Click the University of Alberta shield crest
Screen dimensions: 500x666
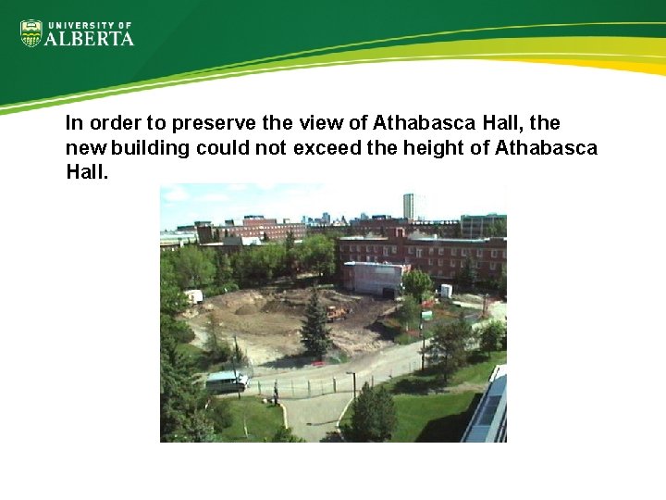pyautogui.click(x=31, y=33)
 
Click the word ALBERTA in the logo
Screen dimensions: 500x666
pyautogui.click(x=91, y=38)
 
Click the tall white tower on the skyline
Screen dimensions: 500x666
pyautogui.click(x=408, y=206)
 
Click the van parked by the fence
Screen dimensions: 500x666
pyautogui.click(x=226, y=381)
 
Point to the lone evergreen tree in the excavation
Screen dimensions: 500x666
pyautogui.click(x=316, y=325)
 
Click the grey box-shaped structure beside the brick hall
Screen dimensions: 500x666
pyautogui.click(x=373, y=277)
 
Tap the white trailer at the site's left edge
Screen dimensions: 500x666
pyautogui.click(x=192, y=296)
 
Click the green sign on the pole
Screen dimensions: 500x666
pyautogui.click(x=426, y=316)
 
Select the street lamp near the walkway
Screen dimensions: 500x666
pyautogui.click(x=352, y=381)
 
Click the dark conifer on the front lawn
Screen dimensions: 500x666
pyautogui.click(x=373, y=413)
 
